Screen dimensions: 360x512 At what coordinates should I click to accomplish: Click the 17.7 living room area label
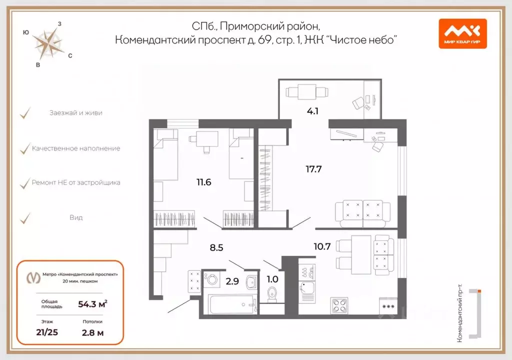click(313, 169)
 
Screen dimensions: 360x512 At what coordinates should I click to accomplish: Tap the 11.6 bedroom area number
click(204, 182)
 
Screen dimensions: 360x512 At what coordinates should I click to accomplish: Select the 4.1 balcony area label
click(313, 111)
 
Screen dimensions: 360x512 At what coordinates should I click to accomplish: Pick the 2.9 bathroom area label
click(232, 280)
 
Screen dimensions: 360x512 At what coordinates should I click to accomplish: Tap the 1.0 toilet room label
click(272, 280)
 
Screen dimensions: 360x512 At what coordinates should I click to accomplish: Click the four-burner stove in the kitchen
click(340, 305)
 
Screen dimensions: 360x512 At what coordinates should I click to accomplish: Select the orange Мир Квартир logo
click(462, 33)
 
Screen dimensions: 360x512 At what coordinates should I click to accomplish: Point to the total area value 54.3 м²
click(92, 303)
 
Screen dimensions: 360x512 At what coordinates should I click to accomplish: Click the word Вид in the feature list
click(76, 217)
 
